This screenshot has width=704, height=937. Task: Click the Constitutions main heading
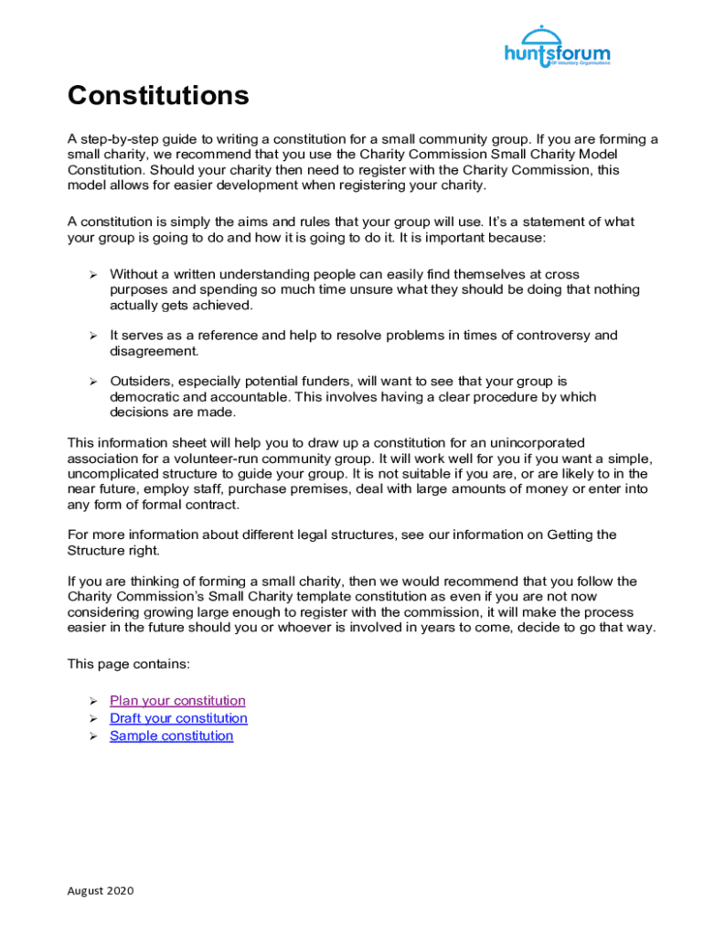158,96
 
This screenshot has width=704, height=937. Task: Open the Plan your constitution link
177,701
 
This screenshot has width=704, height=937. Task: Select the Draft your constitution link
178,718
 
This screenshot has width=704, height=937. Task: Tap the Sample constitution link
171,736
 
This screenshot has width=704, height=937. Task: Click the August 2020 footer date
101,890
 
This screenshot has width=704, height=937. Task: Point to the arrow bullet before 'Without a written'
92,275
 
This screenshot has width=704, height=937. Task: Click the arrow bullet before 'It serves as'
92,336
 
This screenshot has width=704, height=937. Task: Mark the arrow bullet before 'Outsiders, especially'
92,381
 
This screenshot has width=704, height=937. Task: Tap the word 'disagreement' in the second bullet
153,351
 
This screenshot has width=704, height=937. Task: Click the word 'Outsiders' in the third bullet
140,381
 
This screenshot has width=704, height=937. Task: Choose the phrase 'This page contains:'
128,663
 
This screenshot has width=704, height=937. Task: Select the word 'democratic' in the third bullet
144,397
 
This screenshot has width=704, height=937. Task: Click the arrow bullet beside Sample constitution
92,736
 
